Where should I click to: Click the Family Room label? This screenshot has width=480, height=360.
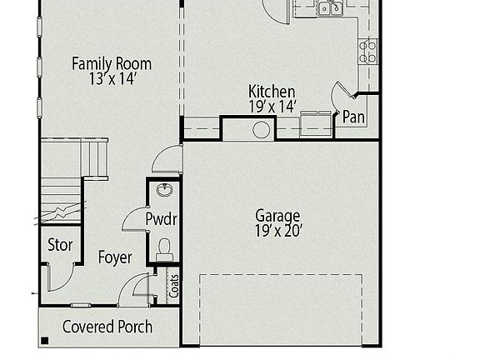click(111, 63)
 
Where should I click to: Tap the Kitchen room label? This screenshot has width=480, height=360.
click(272, 91)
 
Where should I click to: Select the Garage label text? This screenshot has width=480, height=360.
click(277, 216)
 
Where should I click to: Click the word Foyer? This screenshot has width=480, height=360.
click(114, 257)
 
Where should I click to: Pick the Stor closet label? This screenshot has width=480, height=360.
click(61, 246)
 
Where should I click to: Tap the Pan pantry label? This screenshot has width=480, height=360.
click(353, 117)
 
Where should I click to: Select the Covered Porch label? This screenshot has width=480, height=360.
click(107, 326)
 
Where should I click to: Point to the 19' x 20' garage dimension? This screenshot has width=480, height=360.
click(277, 232)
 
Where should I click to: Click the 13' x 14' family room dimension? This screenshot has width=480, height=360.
click(111, 79)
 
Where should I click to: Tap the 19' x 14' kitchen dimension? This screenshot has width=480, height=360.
click(272, 106)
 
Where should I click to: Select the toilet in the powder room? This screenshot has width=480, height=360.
click(164, 247)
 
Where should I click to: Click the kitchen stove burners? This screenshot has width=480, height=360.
click(367, 52)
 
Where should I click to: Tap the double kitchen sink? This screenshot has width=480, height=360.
click(329, 8)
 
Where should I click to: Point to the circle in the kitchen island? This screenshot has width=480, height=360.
click(262, 129)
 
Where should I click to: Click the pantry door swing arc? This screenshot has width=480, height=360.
click(339, 93)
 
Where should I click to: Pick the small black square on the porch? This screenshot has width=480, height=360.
click(44, 340)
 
